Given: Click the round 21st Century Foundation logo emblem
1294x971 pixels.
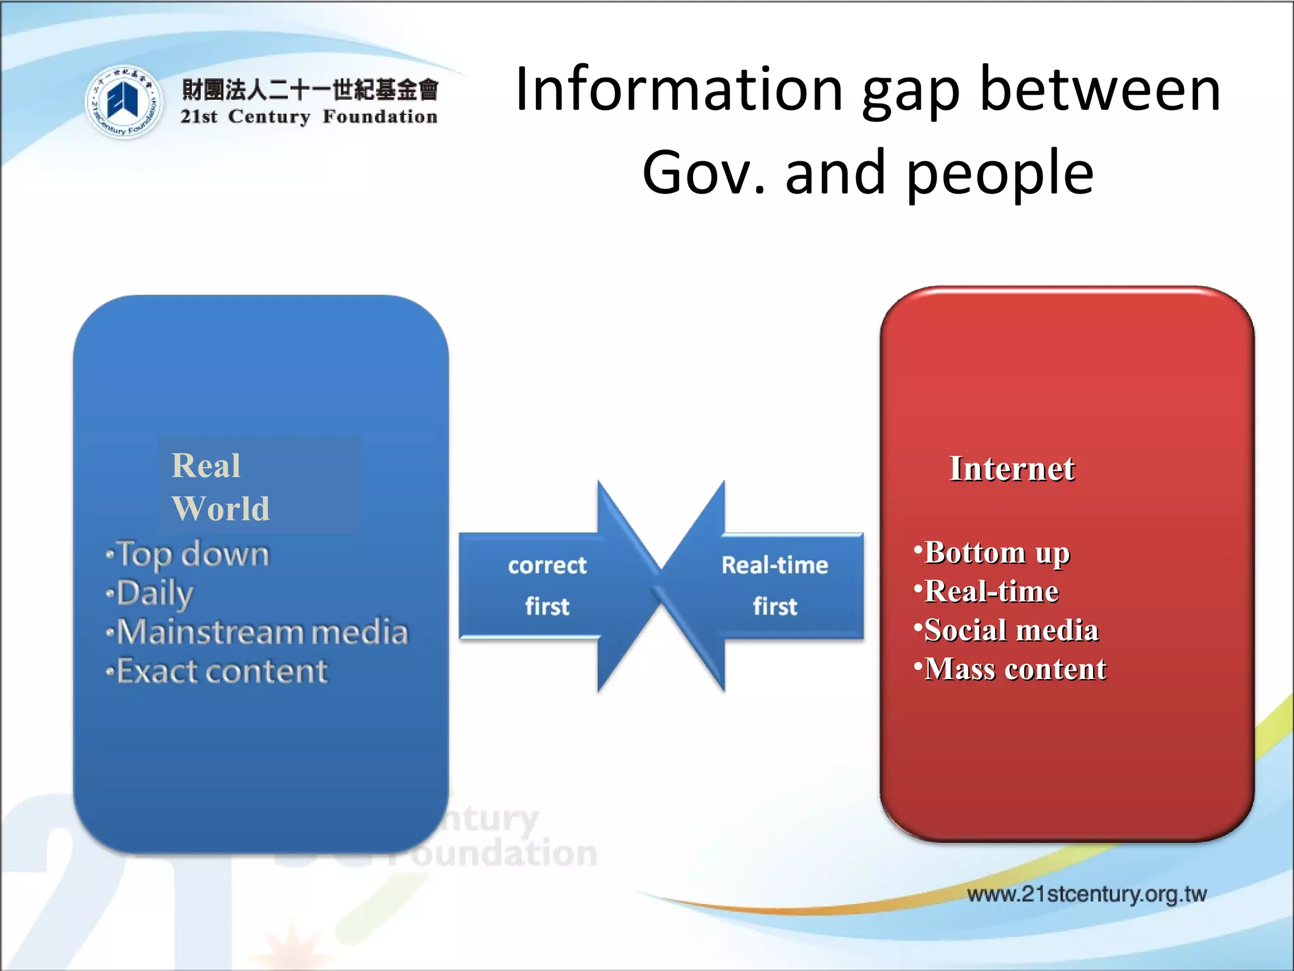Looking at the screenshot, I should pos(123,102).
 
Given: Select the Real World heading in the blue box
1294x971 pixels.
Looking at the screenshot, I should pos(220,487).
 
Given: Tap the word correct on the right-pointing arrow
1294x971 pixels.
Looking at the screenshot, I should pos(547,565).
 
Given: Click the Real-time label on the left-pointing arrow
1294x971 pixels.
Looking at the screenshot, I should pos(775,565).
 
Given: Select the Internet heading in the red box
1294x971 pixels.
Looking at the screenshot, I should pos(1012,469).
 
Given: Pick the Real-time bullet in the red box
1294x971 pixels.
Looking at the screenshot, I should pos(991,592).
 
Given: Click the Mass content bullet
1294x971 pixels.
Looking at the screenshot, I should pos(1015,669).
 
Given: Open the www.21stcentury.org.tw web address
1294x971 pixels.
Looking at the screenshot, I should pos(1086,894).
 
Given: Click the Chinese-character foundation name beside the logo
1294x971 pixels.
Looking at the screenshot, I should pos(310,90).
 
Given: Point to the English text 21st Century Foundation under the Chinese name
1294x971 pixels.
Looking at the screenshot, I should pos(309,117).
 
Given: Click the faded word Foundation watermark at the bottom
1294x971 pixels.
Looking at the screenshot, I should pos(499,853).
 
